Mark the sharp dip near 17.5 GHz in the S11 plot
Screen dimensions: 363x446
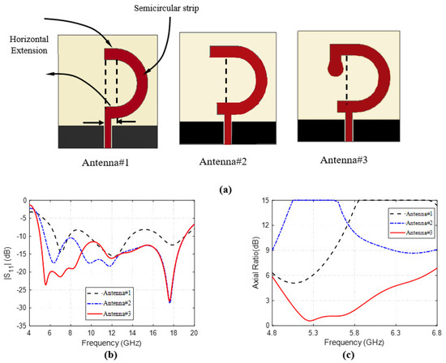point(169,301)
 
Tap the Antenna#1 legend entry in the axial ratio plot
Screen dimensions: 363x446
point(414,213)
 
